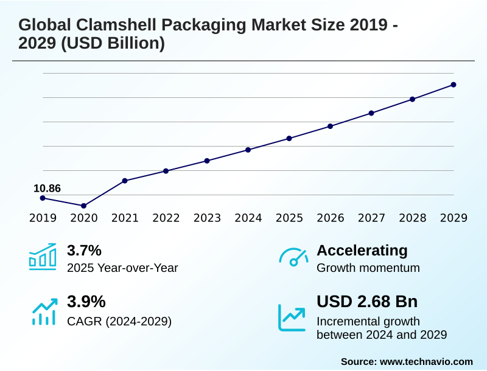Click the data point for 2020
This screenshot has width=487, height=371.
[83, 206]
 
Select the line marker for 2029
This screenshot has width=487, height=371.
[454, 85]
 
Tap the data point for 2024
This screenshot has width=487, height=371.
[248, 150]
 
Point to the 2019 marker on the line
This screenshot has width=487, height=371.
[43, 198]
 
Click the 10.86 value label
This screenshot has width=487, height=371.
[47, 188]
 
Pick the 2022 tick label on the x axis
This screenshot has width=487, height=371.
[166, 218]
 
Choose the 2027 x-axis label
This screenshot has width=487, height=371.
[371, 218]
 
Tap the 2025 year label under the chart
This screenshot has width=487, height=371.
[289, 218]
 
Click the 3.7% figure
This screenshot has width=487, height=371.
[84, 251]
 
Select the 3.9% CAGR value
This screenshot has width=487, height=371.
[86, 302]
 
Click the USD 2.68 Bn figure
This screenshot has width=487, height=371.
[367, 302]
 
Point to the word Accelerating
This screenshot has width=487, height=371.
[362, 251]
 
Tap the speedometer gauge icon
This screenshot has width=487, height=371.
[293, 257]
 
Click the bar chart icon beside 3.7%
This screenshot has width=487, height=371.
[43, 257]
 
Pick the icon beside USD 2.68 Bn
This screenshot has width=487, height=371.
[292, 317]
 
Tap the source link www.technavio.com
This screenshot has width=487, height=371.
[426, 361]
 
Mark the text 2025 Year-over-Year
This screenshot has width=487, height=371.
[122, 268]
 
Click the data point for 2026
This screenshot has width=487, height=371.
[330, 126]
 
